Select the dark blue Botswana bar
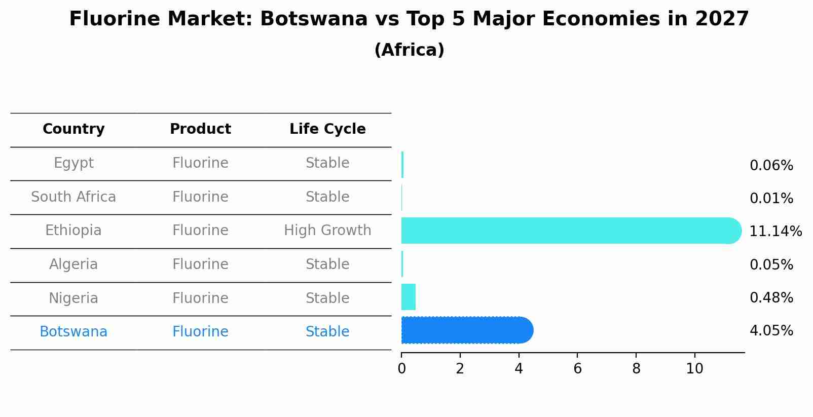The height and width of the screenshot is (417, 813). (x=466, y=330)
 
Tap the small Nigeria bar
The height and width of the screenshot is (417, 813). (x=409, y=297)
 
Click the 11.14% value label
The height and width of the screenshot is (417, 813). (x=775, y=232)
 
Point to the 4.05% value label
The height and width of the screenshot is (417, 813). (x=771, y=331)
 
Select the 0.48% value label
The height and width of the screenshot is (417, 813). (x=771, y=298)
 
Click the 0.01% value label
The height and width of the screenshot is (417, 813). (x=771, y=199)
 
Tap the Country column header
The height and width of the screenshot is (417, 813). (x=73, y=129)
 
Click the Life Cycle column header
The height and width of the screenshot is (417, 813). (x=327, y=129)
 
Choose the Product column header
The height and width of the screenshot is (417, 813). (x=200, y=129)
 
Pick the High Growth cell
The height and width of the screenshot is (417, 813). (x=327, y=231)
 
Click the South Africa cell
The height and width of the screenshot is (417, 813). (x=73, y=197)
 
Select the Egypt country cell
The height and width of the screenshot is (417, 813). (x=73, y=163)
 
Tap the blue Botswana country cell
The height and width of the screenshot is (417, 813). (x=73, y=332)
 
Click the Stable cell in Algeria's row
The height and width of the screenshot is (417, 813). (x=327, y=264)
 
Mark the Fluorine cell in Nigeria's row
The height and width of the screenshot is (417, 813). (x=200, y=298)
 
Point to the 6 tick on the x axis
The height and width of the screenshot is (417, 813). (x=577, y=369)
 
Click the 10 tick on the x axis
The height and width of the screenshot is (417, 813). (x=694, y=369)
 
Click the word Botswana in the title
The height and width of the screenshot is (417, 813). (x=313, y=19)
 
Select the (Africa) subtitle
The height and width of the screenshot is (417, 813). (x=409, y=50)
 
